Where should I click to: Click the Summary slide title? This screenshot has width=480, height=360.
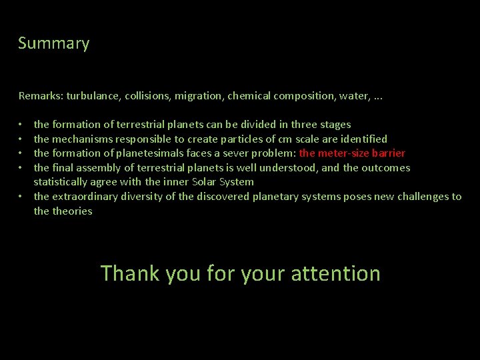click(53, 44)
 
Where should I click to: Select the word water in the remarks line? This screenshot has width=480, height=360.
click(352, 96)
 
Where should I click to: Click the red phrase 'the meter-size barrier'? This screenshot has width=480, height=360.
click(353, 153)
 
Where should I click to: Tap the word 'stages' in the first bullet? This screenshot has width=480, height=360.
click(335, 125)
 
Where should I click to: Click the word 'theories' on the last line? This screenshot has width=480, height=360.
click(73, 211)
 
